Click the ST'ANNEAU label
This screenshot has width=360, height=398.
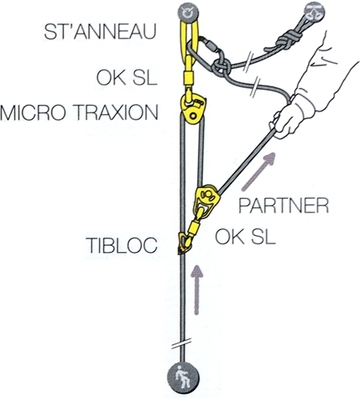100,32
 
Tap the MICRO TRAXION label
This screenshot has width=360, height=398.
79,113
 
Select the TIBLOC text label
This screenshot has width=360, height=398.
122,245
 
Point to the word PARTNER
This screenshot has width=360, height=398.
284,207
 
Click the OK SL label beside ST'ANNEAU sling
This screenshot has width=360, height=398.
127,77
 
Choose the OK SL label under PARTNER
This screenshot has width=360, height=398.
245,237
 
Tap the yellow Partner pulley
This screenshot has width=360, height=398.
207,200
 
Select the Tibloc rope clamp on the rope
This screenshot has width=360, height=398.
183,243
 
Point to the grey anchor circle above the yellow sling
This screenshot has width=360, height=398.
189,13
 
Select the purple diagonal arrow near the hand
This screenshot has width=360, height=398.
258,171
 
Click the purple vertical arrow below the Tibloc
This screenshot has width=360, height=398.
197,289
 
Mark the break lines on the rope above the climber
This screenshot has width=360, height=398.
182,343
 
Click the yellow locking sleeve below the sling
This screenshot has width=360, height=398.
189,77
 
